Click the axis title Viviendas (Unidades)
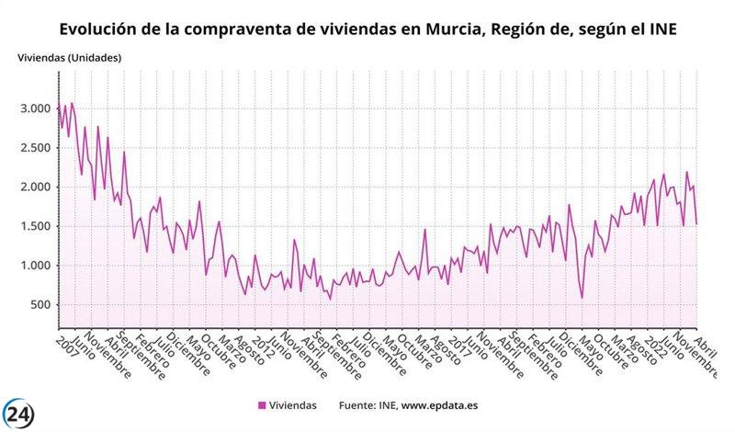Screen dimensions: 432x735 point(69,58)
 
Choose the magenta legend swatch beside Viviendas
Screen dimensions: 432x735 point(262,404)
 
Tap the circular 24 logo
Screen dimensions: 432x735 point(21,413)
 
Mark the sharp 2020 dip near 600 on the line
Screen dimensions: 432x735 point(582,297)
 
